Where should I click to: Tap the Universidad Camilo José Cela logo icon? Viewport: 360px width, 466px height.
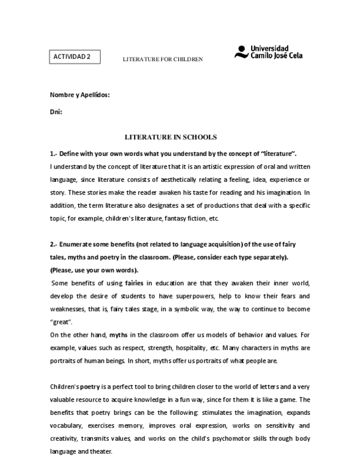240,53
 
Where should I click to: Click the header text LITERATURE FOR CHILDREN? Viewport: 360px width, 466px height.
163,59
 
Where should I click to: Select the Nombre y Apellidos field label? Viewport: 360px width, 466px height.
80,95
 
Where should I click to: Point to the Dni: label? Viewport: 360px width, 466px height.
56,112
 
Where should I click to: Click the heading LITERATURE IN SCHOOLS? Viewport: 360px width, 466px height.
171,137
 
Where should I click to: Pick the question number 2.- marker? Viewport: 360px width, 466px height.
54,244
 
